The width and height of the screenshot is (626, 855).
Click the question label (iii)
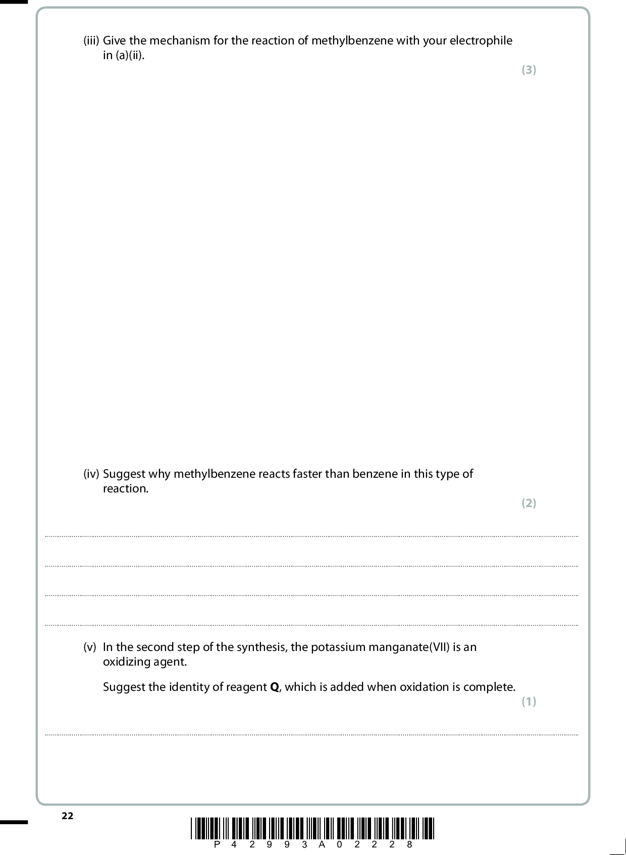(x=91, y=41)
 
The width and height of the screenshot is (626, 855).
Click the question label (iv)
(x=91, y=474)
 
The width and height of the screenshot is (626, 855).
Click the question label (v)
(x=89, y=647)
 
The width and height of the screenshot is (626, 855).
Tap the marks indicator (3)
(x=529, y=70)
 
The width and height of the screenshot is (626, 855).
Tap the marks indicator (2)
(x=529, y=503)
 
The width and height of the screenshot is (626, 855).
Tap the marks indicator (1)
(x=529, y=701)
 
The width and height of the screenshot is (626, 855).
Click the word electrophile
(x=481, y=41)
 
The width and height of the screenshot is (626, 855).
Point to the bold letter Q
(x=275, y=687)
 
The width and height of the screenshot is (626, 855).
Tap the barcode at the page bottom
(x=312, y=828)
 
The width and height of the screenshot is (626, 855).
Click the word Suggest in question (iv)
(x=124, y=474)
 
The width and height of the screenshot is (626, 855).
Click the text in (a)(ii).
(x=124, y=56)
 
